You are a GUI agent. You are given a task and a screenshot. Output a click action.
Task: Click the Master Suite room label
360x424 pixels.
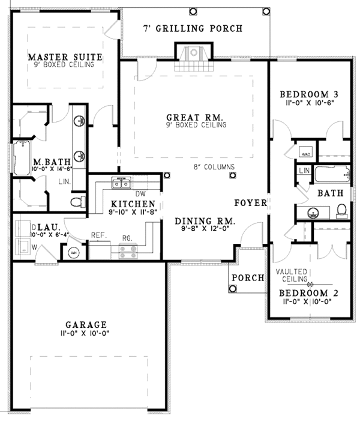point(66,57)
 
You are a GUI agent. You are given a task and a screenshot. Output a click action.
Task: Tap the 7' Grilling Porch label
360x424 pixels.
point(193,28)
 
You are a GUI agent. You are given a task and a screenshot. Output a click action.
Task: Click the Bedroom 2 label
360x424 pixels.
point(310,293)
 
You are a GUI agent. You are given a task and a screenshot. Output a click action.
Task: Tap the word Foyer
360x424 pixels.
point(250,203)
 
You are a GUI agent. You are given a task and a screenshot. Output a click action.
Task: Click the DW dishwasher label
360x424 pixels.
point(142,194)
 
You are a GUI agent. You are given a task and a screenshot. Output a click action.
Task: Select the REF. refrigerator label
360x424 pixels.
point(99,235)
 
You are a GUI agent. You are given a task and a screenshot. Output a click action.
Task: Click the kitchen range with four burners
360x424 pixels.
point(128,251)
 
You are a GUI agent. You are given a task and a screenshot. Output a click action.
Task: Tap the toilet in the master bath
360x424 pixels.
point(76,202)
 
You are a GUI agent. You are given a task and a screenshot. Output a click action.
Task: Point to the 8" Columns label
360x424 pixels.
point(214,167)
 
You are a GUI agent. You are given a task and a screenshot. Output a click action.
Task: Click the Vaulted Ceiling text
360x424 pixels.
point(292,276)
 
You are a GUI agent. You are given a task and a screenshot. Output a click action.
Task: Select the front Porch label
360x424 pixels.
point(248,277)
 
